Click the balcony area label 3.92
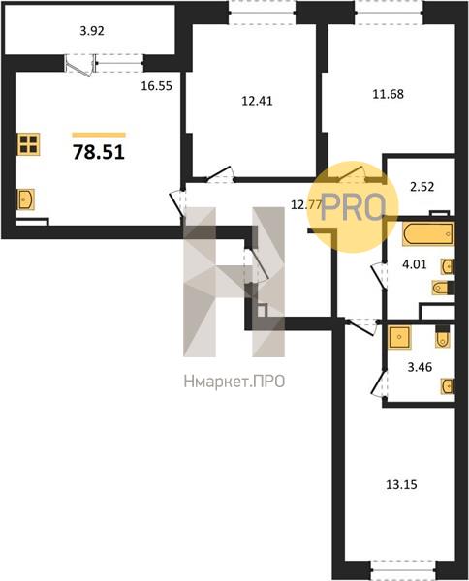92,31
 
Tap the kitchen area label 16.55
156,86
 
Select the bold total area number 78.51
99,152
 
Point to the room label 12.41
257,101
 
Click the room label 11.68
388,94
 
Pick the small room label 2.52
422,186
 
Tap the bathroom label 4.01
414,264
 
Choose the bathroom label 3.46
420,367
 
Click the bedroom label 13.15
401,484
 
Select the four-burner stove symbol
28,144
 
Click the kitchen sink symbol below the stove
25,199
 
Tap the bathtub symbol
428,233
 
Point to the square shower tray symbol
399,337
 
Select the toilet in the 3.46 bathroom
442,336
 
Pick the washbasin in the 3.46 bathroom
448,386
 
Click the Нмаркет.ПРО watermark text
234,382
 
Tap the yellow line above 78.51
99,135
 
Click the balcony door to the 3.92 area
78,65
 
